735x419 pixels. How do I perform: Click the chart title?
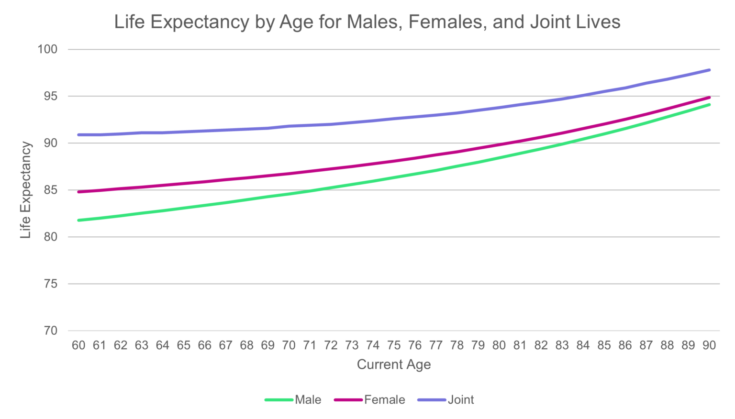pyautogui.click(x=367, y=22)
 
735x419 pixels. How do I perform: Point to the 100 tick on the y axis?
pyautogui.click(x=47, y=49)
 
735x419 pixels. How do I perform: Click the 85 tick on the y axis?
pyautogui.click(x=50, y=190)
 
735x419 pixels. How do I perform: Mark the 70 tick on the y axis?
pyautogui.click(x=50, y=331)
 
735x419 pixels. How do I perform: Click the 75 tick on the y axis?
pyautogui.click(x=50, y=284)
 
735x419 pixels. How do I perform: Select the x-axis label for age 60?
pyautogui.click(x=78, y=345)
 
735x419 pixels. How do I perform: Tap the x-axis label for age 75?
pyautogui.click(x=394, y=345)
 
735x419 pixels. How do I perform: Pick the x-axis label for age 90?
pyautogui.click(x=709, y=345)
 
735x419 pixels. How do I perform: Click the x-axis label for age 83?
pyautogui.click(x=562, y=345)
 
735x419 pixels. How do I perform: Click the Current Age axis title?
pyautogui.click(x=394, y=364)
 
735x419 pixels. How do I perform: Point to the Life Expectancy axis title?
pyautogui.click(x=25, y=190)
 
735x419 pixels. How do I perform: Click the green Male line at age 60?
pyautogui.click(x=79, y=220)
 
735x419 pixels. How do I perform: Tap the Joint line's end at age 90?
pyautogui.click(x=709, y=70)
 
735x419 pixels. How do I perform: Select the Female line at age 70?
pyautogui.click(x=289, y=174)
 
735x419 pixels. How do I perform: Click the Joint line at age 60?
pyautogui.click(x=79, y=135)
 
